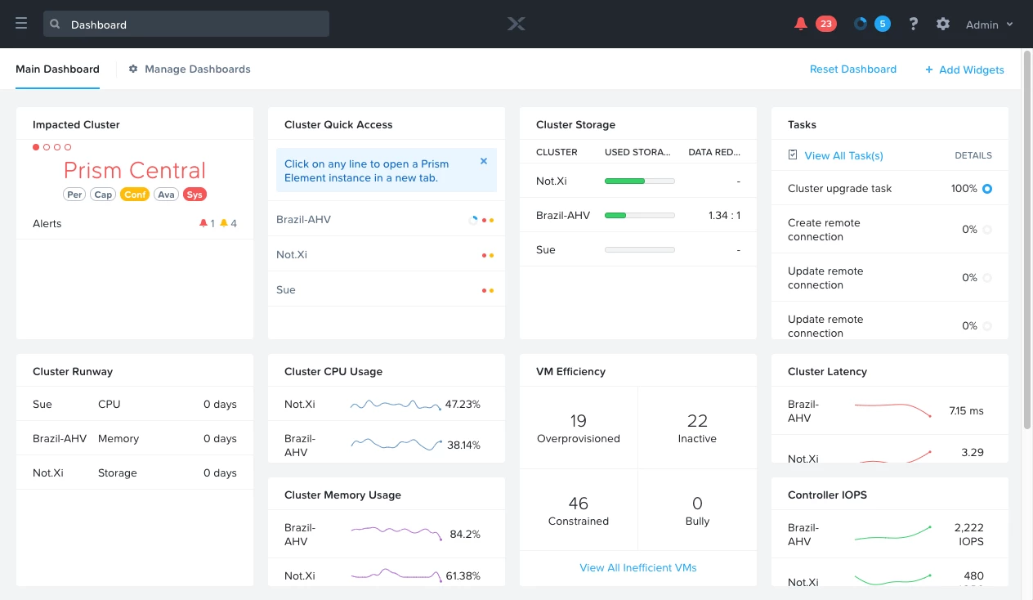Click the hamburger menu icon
click(21, 24)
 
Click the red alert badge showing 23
click(825, 24)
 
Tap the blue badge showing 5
click(882, 24)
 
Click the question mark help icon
click(914, 24)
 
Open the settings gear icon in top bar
click(943, 24)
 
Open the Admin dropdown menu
click(989, 25)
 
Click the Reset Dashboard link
click(852, 69)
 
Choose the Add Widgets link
click(964, 69)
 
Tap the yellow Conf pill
click(135, 195)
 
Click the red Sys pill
click(194, 195)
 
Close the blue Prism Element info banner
click(484, 161)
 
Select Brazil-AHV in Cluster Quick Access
click(304, 219)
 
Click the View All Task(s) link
click(843, 155)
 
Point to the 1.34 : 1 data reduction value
click(724, 215)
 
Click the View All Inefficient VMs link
click(638, 567)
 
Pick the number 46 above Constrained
click(579, 503)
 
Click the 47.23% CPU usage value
click(463, 404)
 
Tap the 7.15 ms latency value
click(966, 410)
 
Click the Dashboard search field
click(186, 24)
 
